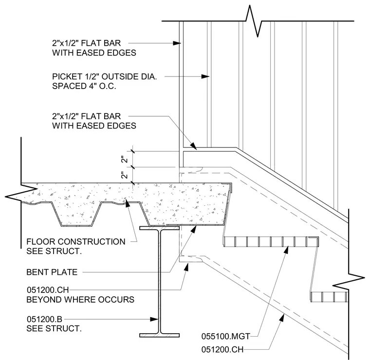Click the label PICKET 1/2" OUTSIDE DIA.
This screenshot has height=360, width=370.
[104, 76]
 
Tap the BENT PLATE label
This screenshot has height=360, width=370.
[52, 272]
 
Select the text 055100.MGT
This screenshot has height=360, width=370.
[225, 337]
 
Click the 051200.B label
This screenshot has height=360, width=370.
[44, 319]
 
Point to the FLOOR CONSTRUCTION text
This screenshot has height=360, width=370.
[76, 242]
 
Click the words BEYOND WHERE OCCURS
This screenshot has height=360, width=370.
[80, 300]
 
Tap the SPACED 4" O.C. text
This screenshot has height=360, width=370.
[84, 86]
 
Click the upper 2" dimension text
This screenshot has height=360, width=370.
[124, 160]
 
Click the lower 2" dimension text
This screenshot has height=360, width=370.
[124, 175]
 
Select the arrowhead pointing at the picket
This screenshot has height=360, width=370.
[205, 76]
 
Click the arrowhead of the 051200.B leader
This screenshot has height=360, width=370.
[154, 320]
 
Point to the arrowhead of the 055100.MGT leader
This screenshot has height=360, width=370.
[286, 250]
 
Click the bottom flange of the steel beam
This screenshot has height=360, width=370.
[160, 335]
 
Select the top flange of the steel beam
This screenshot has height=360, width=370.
[160, 228]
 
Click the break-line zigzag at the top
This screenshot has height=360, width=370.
[254, 21]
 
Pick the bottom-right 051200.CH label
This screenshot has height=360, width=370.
[222, 349]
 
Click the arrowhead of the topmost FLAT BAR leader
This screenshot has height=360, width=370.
[177, 43]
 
